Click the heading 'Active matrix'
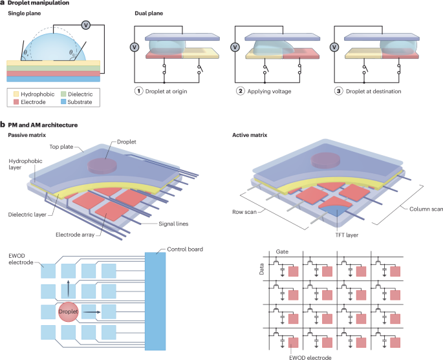click(252, 134)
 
